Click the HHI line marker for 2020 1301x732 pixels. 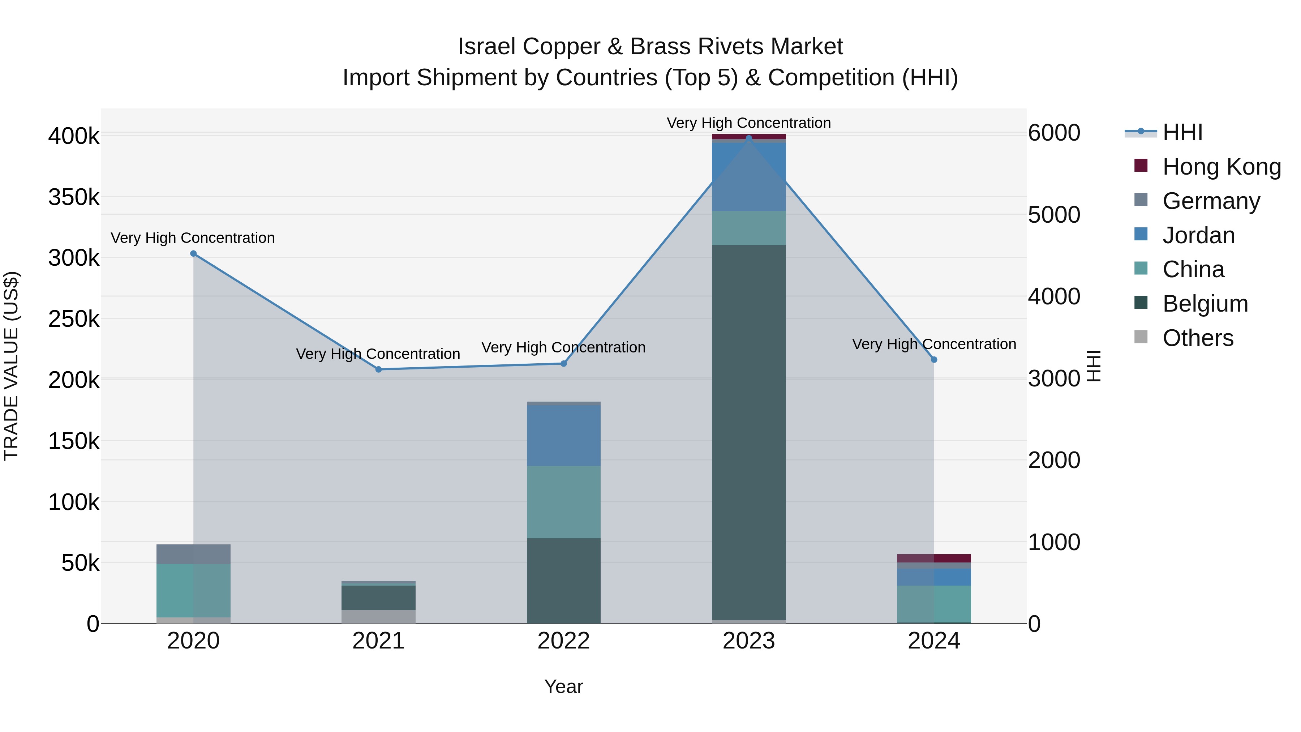[x=193, y=254]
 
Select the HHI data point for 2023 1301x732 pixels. [x=749, y=138]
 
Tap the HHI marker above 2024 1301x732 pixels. [x=934, y=360]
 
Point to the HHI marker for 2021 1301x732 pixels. [x=379, y=369]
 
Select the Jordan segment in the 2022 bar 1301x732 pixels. [x=564, y=436]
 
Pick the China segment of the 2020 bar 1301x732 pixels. [x=193, y=590]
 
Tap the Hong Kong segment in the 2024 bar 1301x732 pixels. [x=934, y=558]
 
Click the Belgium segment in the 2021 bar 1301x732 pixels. [x=379, y=598]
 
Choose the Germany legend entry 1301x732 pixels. [x=1211, y=201]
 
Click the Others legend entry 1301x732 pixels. [x=1198, y=338]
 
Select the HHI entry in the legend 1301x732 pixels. [x=1182, y=132]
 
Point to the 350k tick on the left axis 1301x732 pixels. [x=74, y=197]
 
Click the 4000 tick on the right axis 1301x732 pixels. [x=1054, y=296]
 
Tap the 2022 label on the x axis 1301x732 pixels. [x=564, y=641]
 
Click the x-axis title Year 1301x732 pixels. [x=564, y=686]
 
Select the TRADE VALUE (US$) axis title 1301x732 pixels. [x=11, y=366]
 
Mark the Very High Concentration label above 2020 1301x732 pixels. [x=193, y=237]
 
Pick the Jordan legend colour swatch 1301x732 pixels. [x=1141, y=234]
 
